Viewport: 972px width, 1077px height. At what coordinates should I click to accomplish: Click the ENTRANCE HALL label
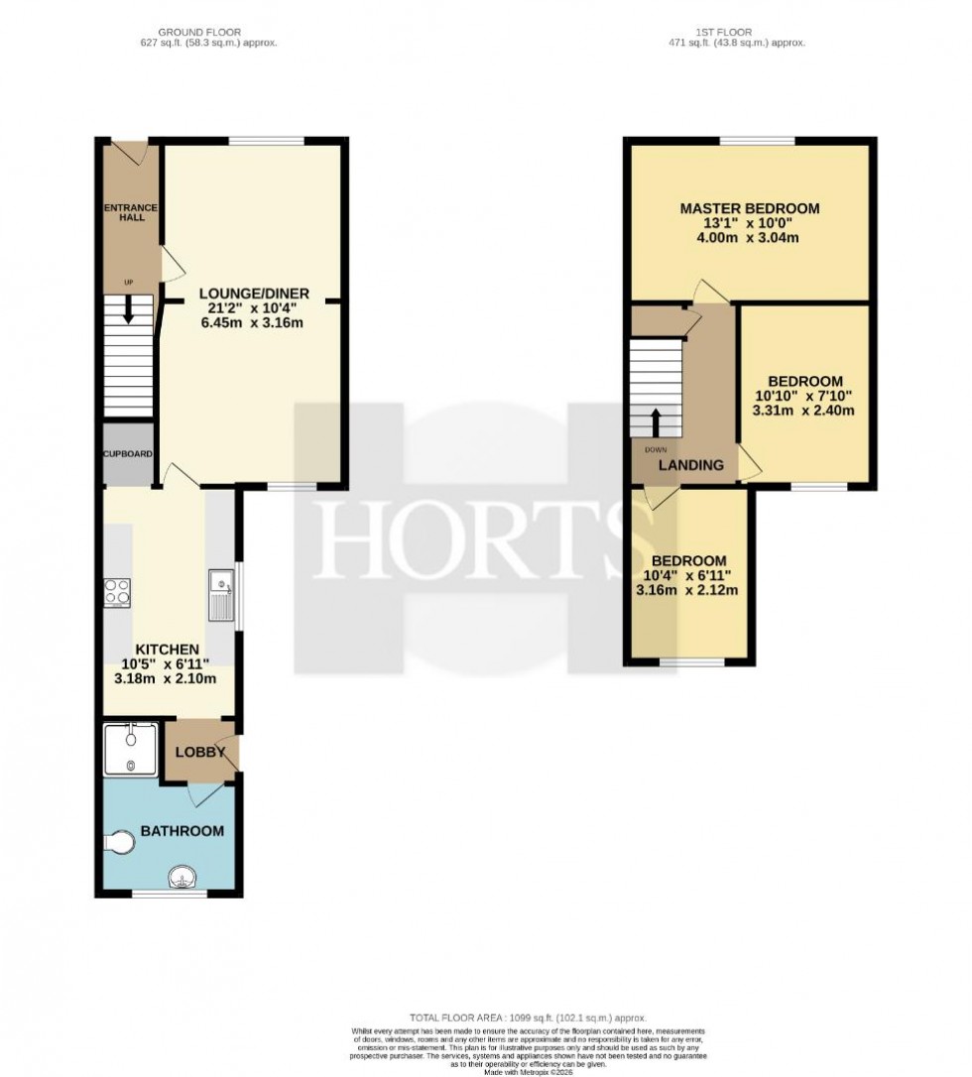click(x=127, y=211)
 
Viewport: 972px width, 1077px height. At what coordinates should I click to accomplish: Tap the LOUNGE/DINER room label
click(x=254, y=294)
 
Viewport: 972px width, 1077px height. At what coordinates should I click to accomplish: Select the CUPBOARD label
click(x=128, y=454)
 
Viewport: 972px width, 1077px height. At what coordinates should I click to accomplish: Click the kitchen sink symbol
click(x=220, y=596)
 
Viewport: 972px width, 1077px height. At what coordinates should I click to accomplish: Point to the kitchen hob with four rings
click(x=118, y=591)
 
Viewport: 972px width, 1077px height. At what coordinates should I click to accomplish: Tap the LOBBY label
click(x=200, y=752)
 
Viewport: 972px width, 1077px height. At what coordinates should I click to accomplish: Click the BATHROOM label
click(x=182, y=831)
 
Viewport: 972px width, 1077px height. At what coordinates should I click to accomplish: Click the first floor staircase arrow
click(x=656, y=421)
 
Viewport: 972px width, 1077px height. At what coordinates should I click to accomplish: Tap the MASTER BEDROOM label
click(x=749, y=208)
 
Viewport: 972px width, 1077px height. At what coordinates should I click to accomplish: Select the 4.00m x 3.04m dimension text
click(x=749, y=238)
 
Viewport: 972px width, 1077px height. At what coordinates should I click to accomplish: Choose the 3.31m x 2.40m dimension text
click(x=804, y=411)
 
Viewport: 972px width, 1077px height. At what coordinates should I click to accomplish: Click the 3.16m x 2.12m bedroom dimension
click(x=687, y=590)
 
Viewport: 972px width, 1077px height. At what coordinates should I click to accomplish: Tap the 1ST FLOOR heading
click(x=738, y=33)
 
